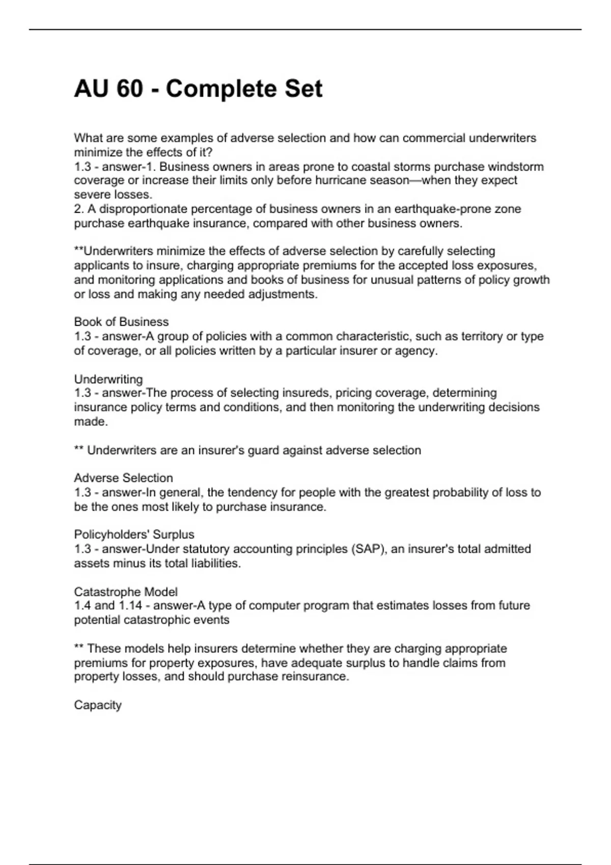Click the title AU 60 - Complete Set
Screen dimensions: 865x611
coord(198,89)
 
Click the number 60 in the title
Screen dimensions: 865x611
coord(129,89)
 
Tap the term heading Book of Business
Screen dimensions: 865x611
coord(121,322)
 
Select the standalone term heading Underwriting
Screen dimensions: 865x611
coord(108,379)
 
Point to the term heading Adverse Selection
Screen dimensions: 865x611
coord(123,478)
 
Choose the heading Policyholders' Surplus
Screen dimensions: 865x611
coord(134,534)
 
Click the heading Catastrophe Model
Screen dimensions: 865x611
coord(126,592)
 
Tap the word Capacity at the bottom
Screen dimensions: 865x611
coord(98,705)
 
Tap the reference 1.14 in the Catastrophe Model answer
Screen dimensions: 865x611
coord(132,605)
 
